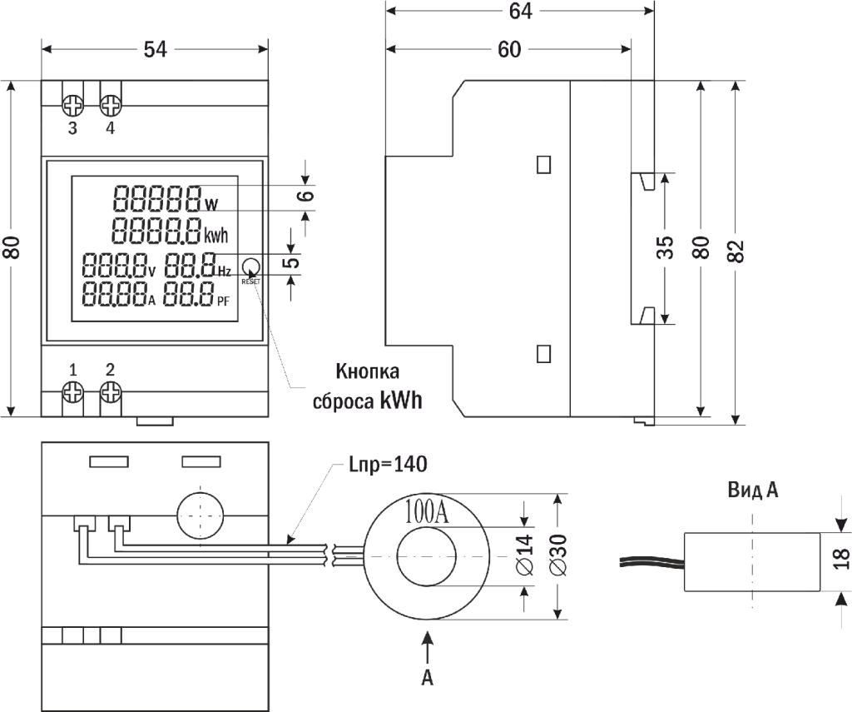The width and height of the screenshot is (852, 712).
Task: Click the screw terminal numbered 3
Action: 73,105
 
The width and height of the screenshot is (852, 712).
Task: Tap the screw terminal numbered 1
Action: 73,391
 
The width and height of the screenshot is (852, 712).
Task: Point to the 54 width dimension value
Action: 156,50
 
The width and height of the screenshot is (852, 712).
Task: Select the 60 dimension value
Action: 509,50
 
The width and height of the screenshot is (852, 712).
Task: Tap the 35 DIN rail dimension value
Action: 666,247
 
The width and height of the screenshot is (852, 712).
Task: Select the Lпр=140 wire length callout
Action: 388,465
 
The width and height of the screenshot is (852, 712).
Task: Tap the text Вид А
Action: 752,490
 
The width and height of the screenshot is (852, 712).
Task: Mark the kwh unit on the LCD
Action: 215,234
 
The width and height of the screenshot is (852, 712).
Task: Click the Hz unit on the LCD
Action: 225,271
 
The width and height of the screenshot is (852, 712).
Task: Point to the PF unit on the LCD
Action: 225,300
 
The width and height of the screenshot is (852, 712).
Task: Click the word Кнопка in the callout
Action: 367,371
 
